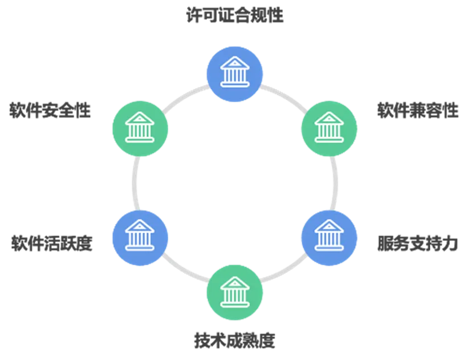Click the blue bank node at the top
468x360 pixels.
234,75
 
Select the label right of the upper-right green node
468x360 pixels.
417,110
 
